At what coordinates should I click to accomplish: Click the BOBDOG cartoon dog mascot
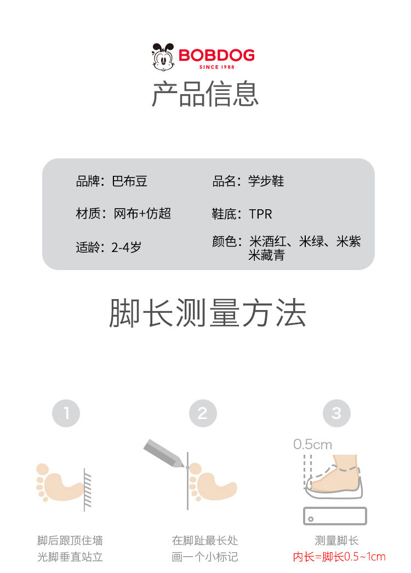163,56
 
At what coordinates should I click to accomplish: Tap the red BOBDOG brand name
216,55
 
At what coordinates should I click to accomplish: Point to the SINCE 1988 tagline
217,67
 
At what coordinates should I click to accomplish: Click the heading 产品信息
205,94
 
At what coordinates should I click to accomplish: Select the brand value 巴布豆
129,181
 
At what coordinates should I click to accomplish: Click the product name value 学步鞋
266,181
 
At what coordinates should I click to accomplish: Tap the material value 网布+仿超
142,214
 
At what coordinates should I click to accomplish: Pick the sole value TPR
260,214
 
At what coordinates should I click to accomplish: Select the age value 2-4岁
126,248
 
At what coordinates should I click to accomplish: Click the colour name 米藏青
266,255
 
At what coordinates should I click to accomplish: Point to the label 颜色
224,242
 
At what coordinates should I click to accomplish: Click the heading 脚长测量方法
207,313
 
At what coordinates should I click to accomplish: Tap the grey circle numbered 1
66,413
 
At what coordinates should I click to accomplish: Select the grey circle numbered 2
203,413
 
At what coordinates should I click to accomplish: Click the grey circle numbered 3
337,413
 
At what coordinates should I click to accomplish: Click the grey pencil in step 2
164,453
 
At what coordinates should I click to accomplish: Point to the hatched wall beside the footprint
87,490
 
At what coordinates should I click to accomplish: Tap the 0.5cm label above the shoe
313,444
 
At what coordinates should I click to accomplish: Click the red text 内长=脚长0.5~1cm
339,557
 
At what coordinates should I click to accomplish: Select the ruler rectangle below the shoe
335,516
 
